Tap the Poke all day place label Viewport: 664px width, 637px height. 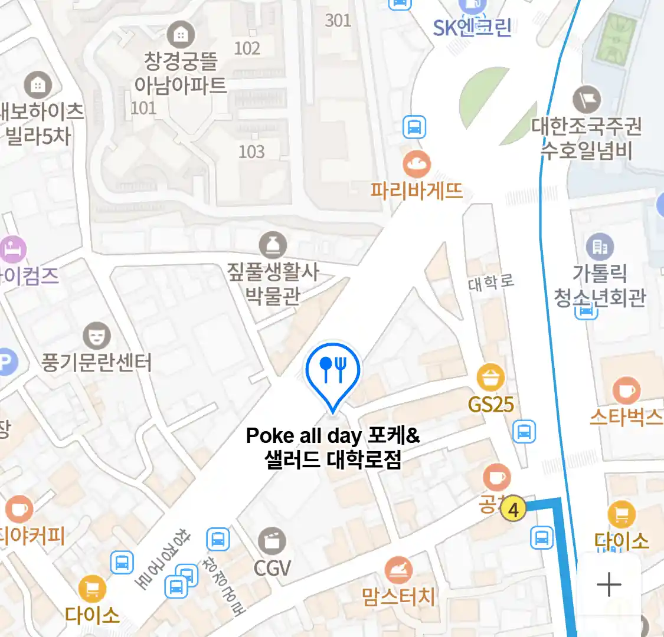coord(333,448)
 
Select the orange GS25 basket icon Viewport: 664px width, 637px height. coord(490,377)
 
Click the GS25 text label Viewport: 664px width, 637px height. coord(490,405)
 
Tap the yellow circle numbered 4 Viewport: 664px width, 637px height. coord(513,509)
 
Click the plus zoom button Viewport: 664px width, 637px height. coord(609,585)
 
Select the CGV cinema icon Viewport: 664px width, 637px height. coord(272,541)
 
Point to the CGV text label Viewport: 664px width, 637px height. coord(272,568)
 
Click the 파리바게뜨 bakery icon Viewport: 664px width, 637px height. coord(417,164)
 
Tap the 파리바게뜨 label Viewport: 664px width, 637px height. coord(417,191)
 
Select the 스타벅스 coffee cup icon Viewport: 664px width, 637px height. coord(626,390)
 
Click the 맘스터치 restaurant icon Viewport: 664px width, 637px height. coord(398,570)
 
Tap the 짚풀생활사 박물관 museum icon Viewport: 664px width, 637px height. coord(273,245)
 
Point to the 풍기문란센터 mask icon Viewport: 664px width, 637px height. coord(96,336)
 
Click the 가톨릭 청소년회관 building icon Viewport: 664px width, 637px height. coord(600,247)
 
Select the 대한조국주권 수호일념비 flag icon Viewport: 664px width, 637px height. coord(587,100)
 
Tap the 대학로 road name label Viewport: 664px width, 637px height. coord(491,283)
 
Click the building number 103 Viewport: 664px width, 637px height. coord(251,152)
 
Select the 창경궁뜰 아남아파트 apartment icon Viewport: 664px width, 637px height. coord(181,35)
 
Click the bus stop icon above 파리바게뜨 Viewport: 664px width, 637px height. coord(414,127)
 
